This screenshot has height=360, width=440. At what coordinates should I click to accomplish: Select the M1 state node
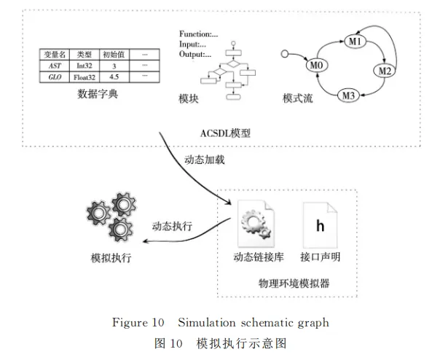pyautogui.click(x=355, y=42)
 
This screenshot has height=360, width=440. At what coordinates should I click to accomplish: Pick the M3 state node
pyautogui.click(x=350, y=94)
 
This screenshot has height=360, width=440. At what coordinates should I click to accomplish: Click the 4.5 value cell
pyautogui.click(x=114, y=76)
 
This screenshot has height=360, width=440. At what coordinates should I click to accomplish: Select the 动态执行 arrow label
pyautogui.click(x=172, y=227)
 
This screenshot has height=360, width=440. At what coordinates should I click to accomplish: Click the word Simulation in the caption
pyautogui.click(x=203, y=322)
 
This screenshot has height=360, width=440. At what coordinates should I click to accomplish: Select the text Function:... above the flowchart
pyautogui.click(x=198, y=34)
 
